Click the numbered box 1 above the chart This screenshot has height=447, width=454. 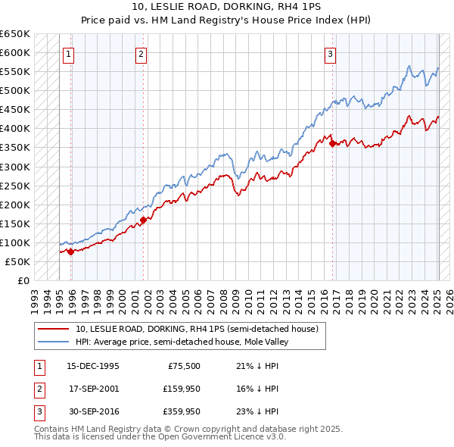pyautogui.click(x=68, y=53)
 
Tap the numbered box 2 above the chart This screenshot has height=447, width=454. pyautogui.click(x=141, y=53)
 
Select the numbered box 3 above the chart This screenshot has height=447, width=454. pyautogui.click(x=331, y=53)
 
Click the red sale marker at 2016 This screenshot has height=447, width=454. pyautogui.click(x=333, y=144)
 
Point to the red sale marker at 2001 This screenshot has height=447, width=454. pyautogui.click(x=143, y=220)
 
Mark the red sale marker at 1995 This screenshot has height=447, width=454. pyautogui.click(x=70, y=252)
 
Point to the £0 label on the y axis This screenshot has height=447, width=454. pyautogui.click(x=23, y=280)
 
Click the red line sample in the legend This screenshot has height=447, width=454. pyautogui.click(x=53, y=329)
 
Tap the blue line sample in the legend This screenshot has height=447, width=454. pyautogui.click(x=53, y=342)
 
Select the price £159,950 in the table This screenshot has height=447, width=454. pyautogui.click(x=182, y=389)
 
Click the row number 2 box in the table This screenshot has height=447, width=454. pyautogui.click(x=38, y=389)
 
